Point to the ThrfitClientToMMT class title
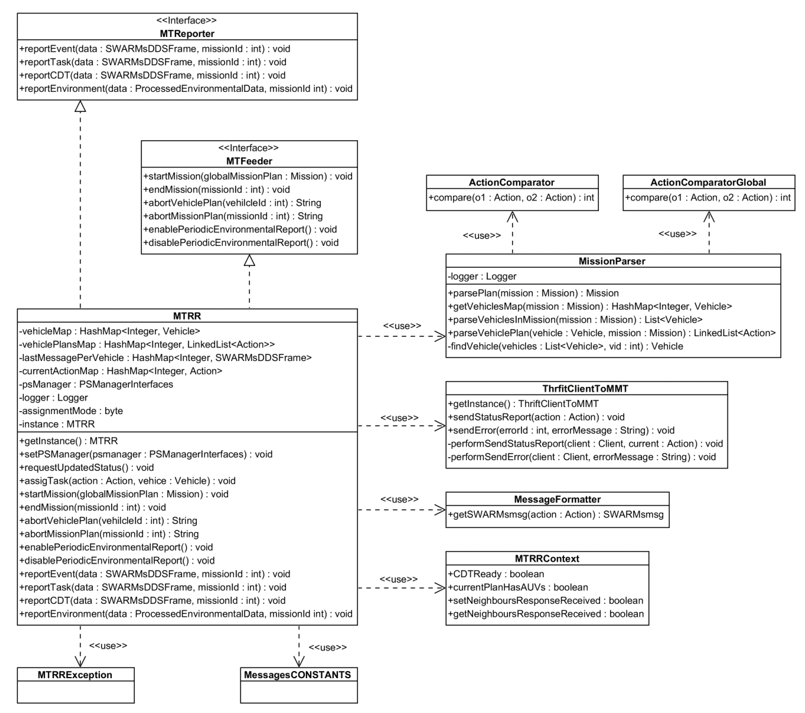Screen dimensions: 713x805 pos(585,389)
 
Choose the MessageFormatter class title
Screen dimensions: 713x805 pos(557,499)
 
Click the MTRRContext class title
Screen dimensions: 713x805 pos(547,559)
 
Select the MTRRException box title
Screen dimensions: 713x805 pos(75,675)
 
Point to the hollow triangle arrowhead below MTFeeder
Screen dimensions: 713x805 pos(249,260)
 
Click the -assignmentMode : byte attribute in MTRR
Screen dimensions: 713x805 pos(71,411)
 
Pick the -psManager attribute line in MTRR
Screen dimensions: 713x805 pos(96,384)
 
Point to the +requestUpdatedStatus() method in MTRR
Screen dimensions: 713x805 pos(87,467)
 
